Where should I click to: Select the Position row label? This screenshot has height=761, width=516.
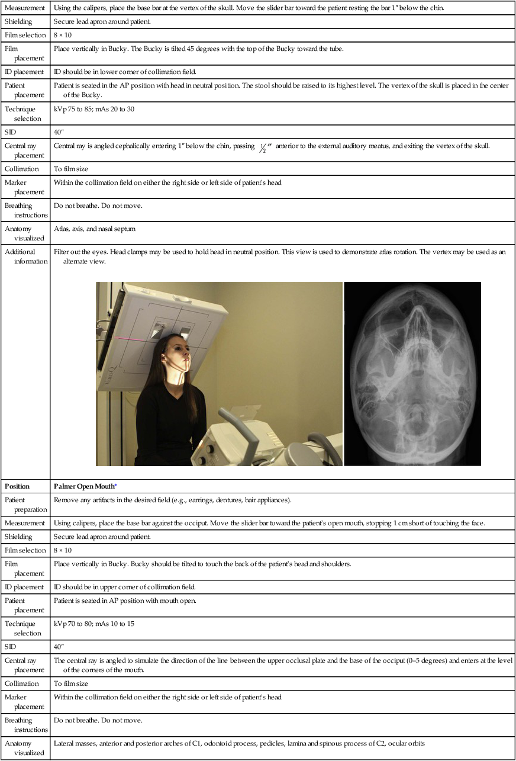coord(17,486)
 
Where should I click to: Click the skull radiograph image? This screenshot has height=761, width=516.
coord(412,373)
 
